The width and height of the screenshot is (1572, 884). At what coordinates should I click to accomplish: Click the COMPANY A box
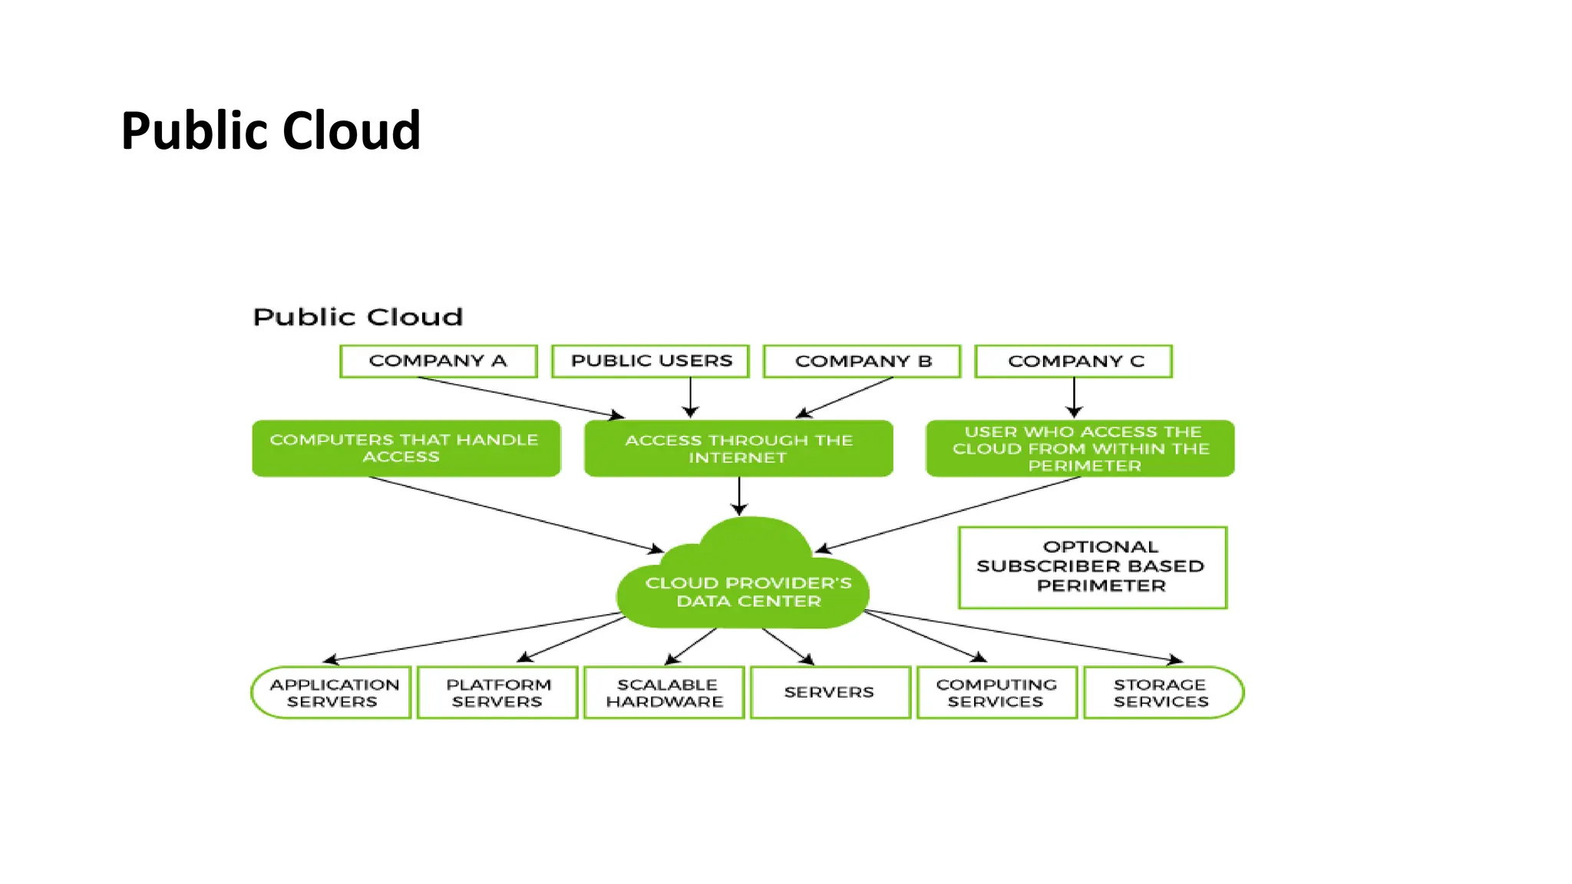tap(438, 361)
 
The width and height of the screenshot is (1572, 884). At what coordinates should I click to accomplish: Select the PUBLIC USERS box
tap(650, 361)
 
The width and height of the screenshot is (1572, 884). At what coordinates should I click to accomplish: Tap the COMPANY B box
tap(862, 361)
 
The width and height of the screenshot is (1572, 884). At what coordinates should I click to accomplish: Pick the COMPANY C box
tap(1074, 361)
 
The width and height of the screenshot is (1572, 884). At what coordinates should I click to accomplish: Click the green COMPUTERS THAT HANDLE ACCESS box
tap(406, 448)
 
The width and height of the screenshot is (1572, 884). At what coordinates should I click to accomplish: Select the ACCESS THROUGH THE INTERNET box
tap(738, 448)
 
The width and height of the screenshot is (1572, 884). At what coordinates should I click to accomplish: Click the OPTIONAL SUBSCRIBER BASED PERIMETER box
tap(1092, 567)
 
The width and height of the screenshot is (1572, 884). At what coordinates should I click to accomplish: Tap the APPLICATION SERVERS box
tap(332, 692)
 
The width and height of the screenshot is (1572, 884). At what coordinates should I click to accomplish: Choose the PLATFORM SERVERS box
tap(497, 692)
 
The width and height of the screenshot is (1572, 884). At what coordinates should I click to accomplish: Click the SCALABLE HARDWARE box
tap(664, 692)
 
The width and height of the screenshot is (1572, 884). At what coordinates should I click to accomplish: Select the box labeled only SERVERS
tap(830, 692)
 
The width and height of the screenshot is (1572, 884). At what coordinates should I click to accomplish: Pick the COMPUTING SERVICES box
tap(996, 692)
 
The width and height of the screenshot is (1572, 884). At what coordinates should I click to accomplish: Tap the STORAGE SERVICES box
tap(1162, 692)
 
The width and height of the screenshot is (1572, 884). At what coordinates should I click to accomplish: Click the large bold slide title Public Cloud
tap(270, 130)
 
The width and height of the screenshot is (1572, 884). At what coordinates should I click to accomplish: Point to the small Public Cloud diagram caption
tap(358, 317)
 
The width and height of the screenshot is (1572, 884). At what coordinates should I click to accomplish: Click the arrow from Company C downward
tap(1074, 397)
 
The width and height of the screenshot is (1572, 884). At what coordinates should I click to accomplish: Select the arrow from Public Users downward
tap(690, 397)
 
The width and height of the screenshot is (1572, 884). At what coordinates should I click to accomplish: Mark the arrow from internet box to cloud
tap(739, 496)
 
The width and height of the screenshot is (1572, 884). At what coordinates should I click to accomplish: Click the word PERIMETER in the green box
tap(1084, 466)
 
